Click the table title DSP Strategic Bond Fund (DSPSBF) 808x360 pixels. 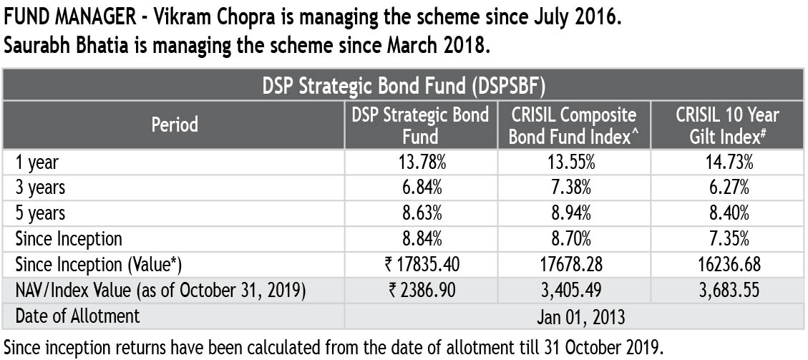(404, 87)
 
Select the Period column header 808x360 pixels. (175, 125)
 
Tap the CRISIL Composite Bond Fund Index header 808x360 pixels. (574, 125)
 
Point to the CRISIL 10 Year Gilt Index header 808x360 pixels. (727, 125)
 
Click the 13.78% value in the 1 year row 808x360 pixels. (421, 162)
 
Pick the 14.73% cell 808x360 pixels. (727, 162)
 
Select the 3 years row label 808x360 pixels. (40, 188)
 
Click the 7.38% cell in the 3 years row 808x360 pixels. (574, 188)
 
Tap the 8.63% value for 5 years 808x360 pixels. (421, 213)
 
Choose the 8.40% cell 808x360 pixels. (727, 213)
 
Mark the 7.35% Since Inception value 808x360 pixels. (727, 238)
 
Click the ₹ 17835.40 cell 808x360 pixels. (421, 263)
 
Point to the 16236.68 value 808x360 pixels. (727, 263)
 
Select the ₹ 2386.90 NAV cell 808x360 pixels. (421, 289)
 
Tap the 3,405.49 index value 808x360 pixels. (574, 289)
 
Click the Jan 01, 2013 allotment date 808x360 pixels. (574, 316)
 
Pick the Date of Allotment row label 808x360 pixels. (78, 316)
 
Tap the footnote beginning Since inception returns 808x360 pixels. (334, 347)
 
